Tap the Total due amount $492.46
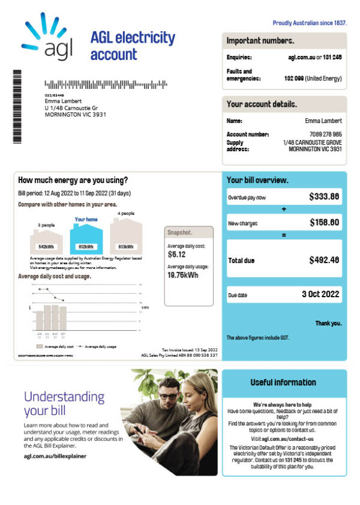(324, 261)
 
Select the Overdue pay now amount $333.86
(324, 196)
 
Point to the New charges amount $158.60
(325, 223)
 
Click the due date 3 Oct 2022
(320, 295)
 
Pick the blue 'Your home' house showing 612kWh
(86, 238)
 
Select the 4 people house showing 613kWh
(126, 238)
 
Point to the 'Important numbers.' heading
(260, 41)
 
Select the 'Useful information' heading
(283, 383)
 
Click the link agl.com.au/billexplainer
(55, 456)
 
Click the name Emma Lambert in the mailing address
(63, 101)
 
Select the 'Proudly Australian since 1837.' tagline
(310, 23)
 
